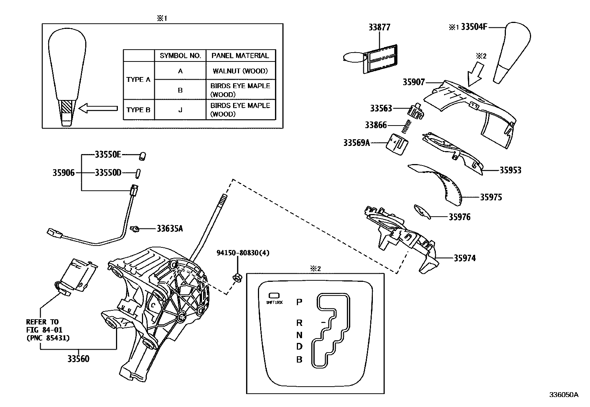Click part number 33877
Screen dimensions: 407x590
coord(379,27)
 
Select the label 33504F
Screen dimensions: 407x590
coord(474,27)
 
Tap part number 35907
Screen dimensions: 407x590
coord(414,82)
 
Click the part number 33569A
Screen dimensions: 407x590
coord(357,143)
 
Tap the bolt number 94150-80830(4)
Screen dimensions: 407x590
coord(243,253)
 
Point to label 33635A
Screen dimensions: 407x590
coord(169,228)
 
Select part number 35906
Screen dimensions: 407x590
coord(63,173)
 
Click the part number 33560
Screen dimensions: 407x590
coord(78,358)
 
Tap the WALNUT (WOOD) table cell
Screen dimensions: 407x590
coord(240,71)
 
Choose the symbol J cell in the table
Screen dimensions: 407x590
coord(180,110)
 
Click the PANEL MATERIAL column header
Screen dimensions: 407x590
coord(240,56)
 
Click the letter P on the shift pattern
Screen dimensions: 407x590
coord(299,302)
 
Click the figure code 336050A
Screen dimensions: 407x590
coord(563,395)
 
